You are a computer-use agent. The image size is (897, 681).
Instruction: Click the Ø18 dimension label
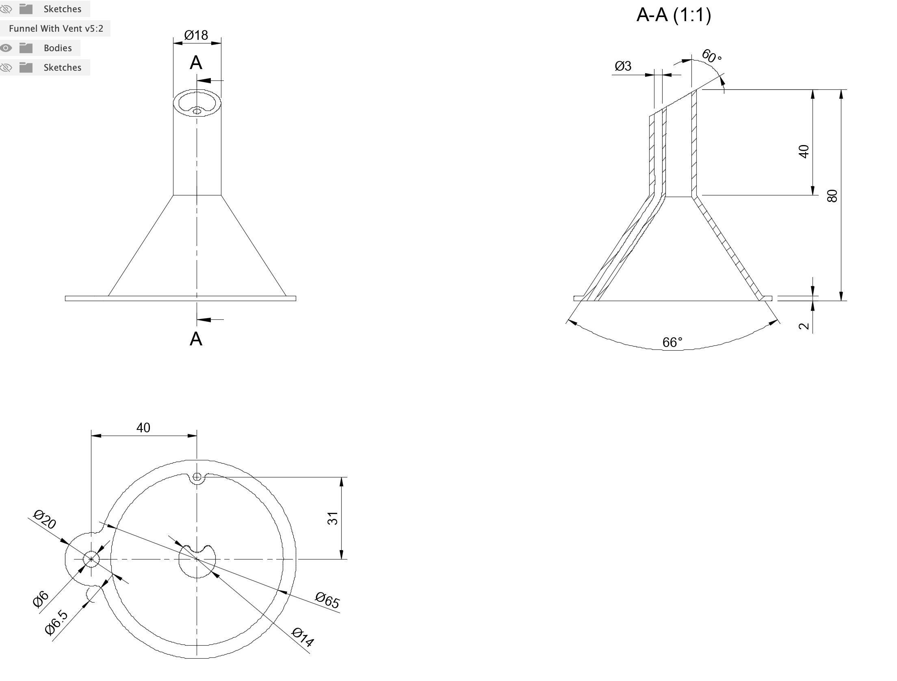click(x=196, y=35)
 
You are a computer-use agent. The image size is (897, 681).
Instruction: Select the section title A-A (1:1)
click(x=674, y=15)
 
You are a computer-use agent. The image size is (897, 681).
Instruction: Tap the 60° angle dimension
click(x=711, y=56)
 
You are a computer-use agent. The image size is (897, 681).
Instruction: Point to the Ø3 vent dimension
click(x=623, y=66)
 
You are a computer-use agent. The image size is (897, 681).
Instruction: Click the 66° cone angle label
click(x=672, y=343)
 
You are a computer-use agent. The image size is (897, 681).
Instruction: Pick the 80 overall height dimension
click(x=832, y=196)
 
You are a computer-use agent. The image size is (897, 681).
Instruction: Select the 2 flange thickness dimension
click(x=804, y=326)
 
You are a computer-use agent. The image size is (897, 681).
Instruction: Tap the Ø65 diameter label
click(x=327, y=600)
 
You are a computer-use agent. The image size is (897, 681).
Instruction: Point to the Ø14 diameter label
click(x=303, y=638)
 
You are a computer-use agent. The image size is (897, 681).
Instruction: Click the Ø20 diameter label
click(x=45, y=520)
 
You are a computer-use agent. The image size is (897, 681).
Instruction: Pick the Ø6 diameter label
click(x=41, y=599)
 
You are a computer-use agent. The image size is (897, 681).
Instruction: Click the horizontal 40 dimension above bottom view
click(x=143, y=428)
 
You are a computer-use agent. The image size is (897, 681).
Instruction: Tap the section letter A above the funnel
click(x=196, y=63)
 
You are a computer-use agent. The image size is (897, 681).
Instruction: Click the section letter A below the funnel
click(x=196, y=339)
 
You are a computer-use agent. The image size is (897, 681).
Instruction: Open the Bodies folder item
click(x=58, y=48)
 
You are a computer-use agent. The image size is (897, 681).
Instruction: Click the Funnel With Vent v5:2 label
click(x=56, y=28)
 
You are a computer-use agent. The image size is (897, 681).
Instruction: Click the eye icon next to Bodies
click(x=6, y=48)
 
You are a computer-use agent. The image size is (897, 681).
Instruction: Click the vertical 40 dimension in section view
click(x=804, y=152)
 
